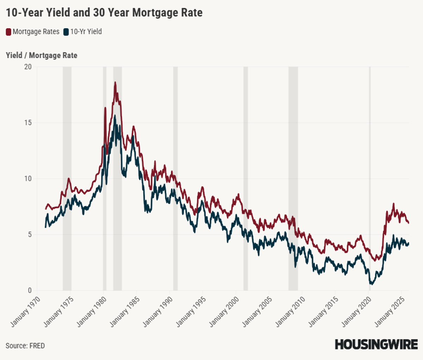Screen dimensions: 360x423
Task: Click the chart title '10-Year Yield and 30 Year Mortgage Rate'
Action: point(104,13)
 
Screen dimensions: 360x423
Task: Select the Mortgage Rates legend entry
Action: point(32,32)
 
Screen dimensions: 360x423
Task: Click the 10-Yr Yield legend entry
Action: point(82,32)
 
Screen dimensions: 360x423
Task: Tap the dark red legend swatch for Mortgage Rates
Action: point(8,32)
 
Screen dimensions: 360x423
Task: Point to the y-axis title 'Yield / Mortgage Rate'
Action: point(42,55)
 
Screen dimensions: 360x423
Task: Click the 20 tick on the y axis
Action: point(27,67)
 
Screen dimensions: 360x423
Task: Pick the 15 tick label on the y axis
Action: point(27,123)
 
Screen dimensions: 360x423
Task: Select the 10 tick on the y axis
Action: point(27,179)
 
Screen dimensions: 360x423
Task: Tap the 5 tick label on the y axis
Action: point(30,234)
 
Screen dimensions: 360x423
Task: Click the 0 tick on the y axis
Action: point(30,291)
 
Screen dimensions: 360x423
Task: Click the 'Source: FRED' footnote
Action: point(25,346)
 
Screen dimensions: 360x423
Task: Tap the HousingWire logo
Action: point(376,344)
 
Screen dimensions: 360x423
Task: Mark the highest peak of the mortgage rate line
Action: point(115,83)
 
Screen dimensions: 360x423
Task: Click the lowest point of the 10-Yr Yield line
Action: point(371,283)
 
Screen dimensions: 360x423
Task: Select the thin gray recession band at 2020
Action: point(370,176)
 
